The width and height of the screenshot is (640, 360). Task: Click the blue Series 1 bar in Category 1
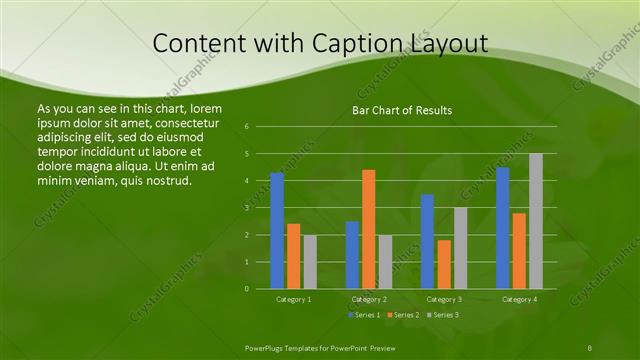(x=277, y=231)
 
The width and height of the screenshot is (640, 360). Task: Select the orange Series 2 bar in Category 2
(x=368, y=229)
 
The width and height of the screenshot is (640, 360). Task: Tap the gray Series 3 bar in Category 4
(x=536, y=221)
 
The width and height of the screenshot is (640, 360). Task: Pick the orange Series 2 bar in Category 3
(x=443, y=264)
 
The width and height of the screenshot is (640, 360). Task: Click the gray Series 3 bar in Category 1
(x=310, y=262)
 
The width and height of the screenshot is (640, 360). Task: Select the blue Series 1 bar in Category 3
(x=427, y=241)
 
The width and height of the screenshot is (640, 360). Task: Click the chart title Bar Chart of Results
(x=402, y=110)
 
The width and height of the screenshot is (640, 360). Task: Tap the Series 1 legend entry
(x=364, y=315)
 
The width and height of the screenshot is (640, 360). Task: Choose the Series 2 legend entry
(x=402, y=315)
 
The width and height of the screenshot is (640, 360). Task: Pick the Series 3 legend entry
(x=441, y=315)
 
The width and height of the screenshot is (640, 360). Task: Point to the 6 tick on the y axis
(x=246, y=127)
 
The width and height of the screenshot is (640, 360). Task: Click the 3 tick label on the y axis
(x=246, y=208)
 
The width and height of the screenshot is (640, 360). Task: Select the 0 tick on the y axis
(x=246, y=289)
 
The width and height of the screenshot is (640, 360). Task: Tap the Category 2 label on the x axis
(x=369, y=299)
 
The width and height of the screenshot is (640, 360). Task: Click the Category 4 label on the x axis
(x=519, y=299)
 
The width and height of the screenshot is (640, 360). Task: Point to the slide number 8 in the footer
(x=590, y=346)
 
